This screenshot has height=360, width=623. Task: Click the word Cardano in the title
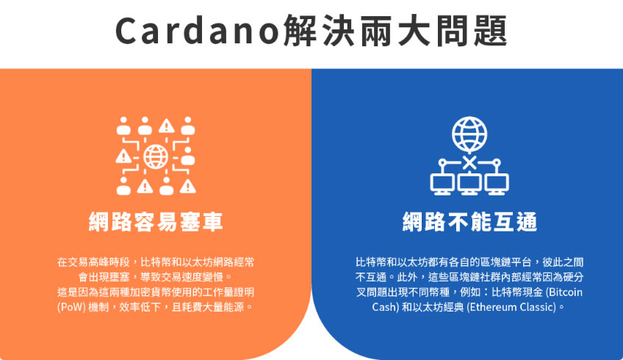pos(197,31)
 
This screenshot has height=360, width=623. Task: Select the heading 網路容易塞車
pos(156,222)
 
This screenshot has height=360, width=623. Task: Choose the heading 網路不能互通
pos(469,222)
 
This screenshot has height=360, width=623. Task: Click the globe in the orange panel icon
pos(156,156)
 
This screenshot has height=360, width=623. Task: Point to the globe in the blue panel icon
pos(469,134)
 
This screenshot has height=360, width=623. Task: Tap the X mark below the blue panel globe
pos(469,162)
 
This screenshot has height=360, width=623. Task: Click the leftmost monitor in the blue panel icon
pos(442,184)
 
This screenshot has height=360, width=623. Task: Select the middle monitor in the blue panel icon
pos(469,184)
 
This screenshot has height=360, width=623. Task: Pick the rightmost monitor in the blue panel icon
pos(497,184)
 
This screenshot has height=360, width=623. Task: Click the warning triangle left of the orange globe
pos(123,156)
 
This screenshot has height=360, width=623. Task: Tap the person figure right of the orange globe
pos(187,156)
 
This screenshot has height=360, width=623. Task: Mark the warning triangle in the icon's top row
pos(167,126)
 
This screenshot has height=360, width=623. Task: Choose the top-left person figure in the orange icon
pos(123,126)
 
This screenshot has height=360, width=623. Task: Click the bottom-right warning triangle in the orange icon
pos(187,186)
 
